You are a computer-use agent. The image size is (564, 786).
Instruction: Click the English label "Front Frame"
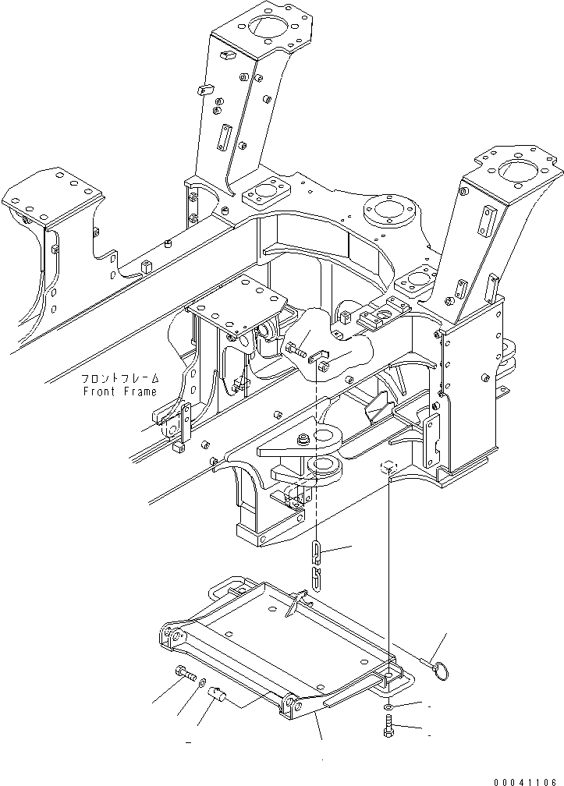click(119, 391)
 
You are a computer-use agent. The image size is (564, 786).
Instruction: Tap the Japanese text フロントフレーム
click(119, 379)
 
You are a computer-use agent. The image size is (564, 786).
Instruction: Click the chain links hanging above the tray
click(316, 565)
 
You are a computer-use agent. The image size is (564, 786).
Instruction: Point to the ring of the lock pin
click(442, 670)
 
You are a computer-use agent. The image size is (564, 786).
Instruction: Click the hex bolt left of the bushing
click(186, 674)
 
